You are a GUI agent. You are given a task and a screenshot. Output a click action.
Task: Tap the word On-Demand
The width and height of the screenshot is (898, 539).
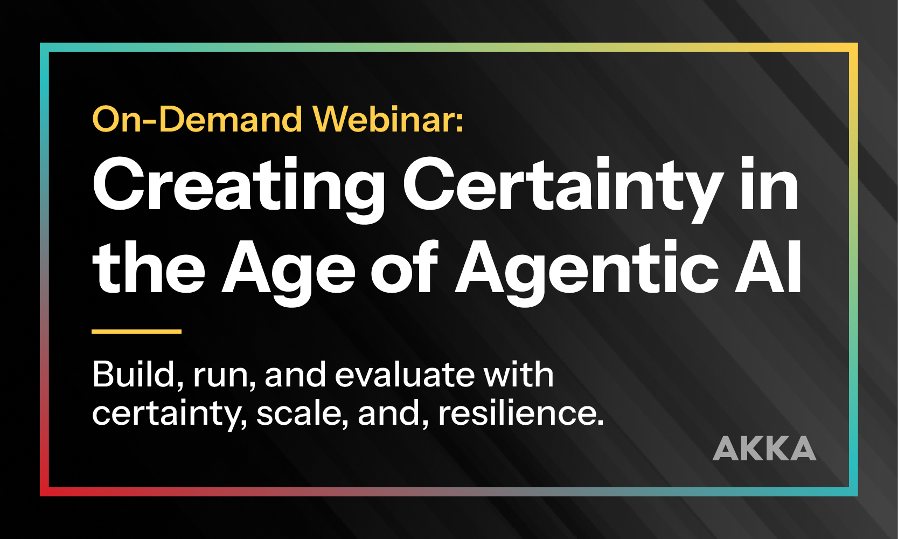pyautogui.click(x=197, y=119)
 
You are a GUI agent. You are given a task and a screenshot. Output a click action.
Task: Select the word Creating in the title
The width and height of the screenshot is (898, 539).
pyautogui.click(x=239, y=189)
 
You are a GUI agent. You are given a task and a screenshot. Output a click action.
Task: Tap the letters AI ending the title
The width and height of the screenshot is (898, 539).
pyautogui.click(x=768, y=267)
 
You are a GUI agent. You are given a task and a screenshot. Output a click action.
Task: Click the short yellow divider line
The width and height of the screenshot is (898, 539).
pyautogui.click(x=137, y=331)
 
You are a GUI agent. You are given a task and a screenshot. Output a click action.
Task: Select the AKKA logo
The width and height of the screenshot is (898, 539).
pyautogui.click(x=764, y=448)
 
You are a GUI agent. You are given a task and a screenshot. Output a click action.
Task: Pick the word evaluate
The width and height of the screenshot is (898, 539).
pyautogui.click(x=405, y=375)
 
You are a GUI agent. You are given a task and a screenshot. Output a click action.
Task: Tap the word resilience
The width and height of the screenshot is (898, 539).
pyautogui.click(x=521, y=413)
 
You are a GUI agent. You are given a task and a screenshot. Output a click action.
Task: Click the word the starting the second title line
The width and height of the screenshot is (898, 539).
pyautogui.click(x=149, y=267)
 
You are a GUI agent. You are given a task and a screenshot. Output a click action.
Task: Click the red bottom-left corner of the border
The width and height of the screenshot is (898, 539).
pyautogui.click(x=45, y=492)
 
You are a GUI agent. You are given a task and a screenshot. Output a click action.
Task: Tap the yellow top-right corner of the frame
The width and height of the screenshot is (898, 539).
pyautogui.click(x=853, y=47)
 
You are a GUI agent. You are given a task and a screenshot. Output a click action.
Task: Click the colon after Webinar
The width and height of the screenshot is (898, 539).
pyautogui.click(x=460, y=122)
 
